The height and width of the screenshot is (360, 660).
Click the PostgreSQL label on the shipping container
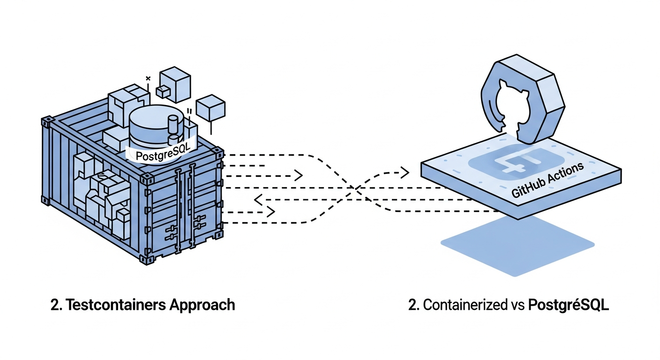(156, 154)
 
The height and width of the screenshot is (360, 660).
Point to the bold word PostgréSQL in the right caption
(568, 305)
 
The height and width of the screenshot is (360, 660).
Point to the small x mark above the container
(148, 79)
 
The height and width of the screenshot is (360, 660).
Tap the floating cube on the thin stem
(211, 108)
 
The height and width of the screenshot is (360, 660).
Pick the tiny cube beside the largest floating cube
(163, 92)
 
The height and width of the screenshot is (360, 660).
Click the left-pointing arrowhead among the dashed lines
(257, 200)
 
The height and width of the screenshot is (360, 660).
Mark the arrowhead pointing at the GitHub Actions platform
(404, 172)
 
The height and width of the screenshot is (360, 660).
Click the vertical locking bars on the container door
(185, 206)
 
